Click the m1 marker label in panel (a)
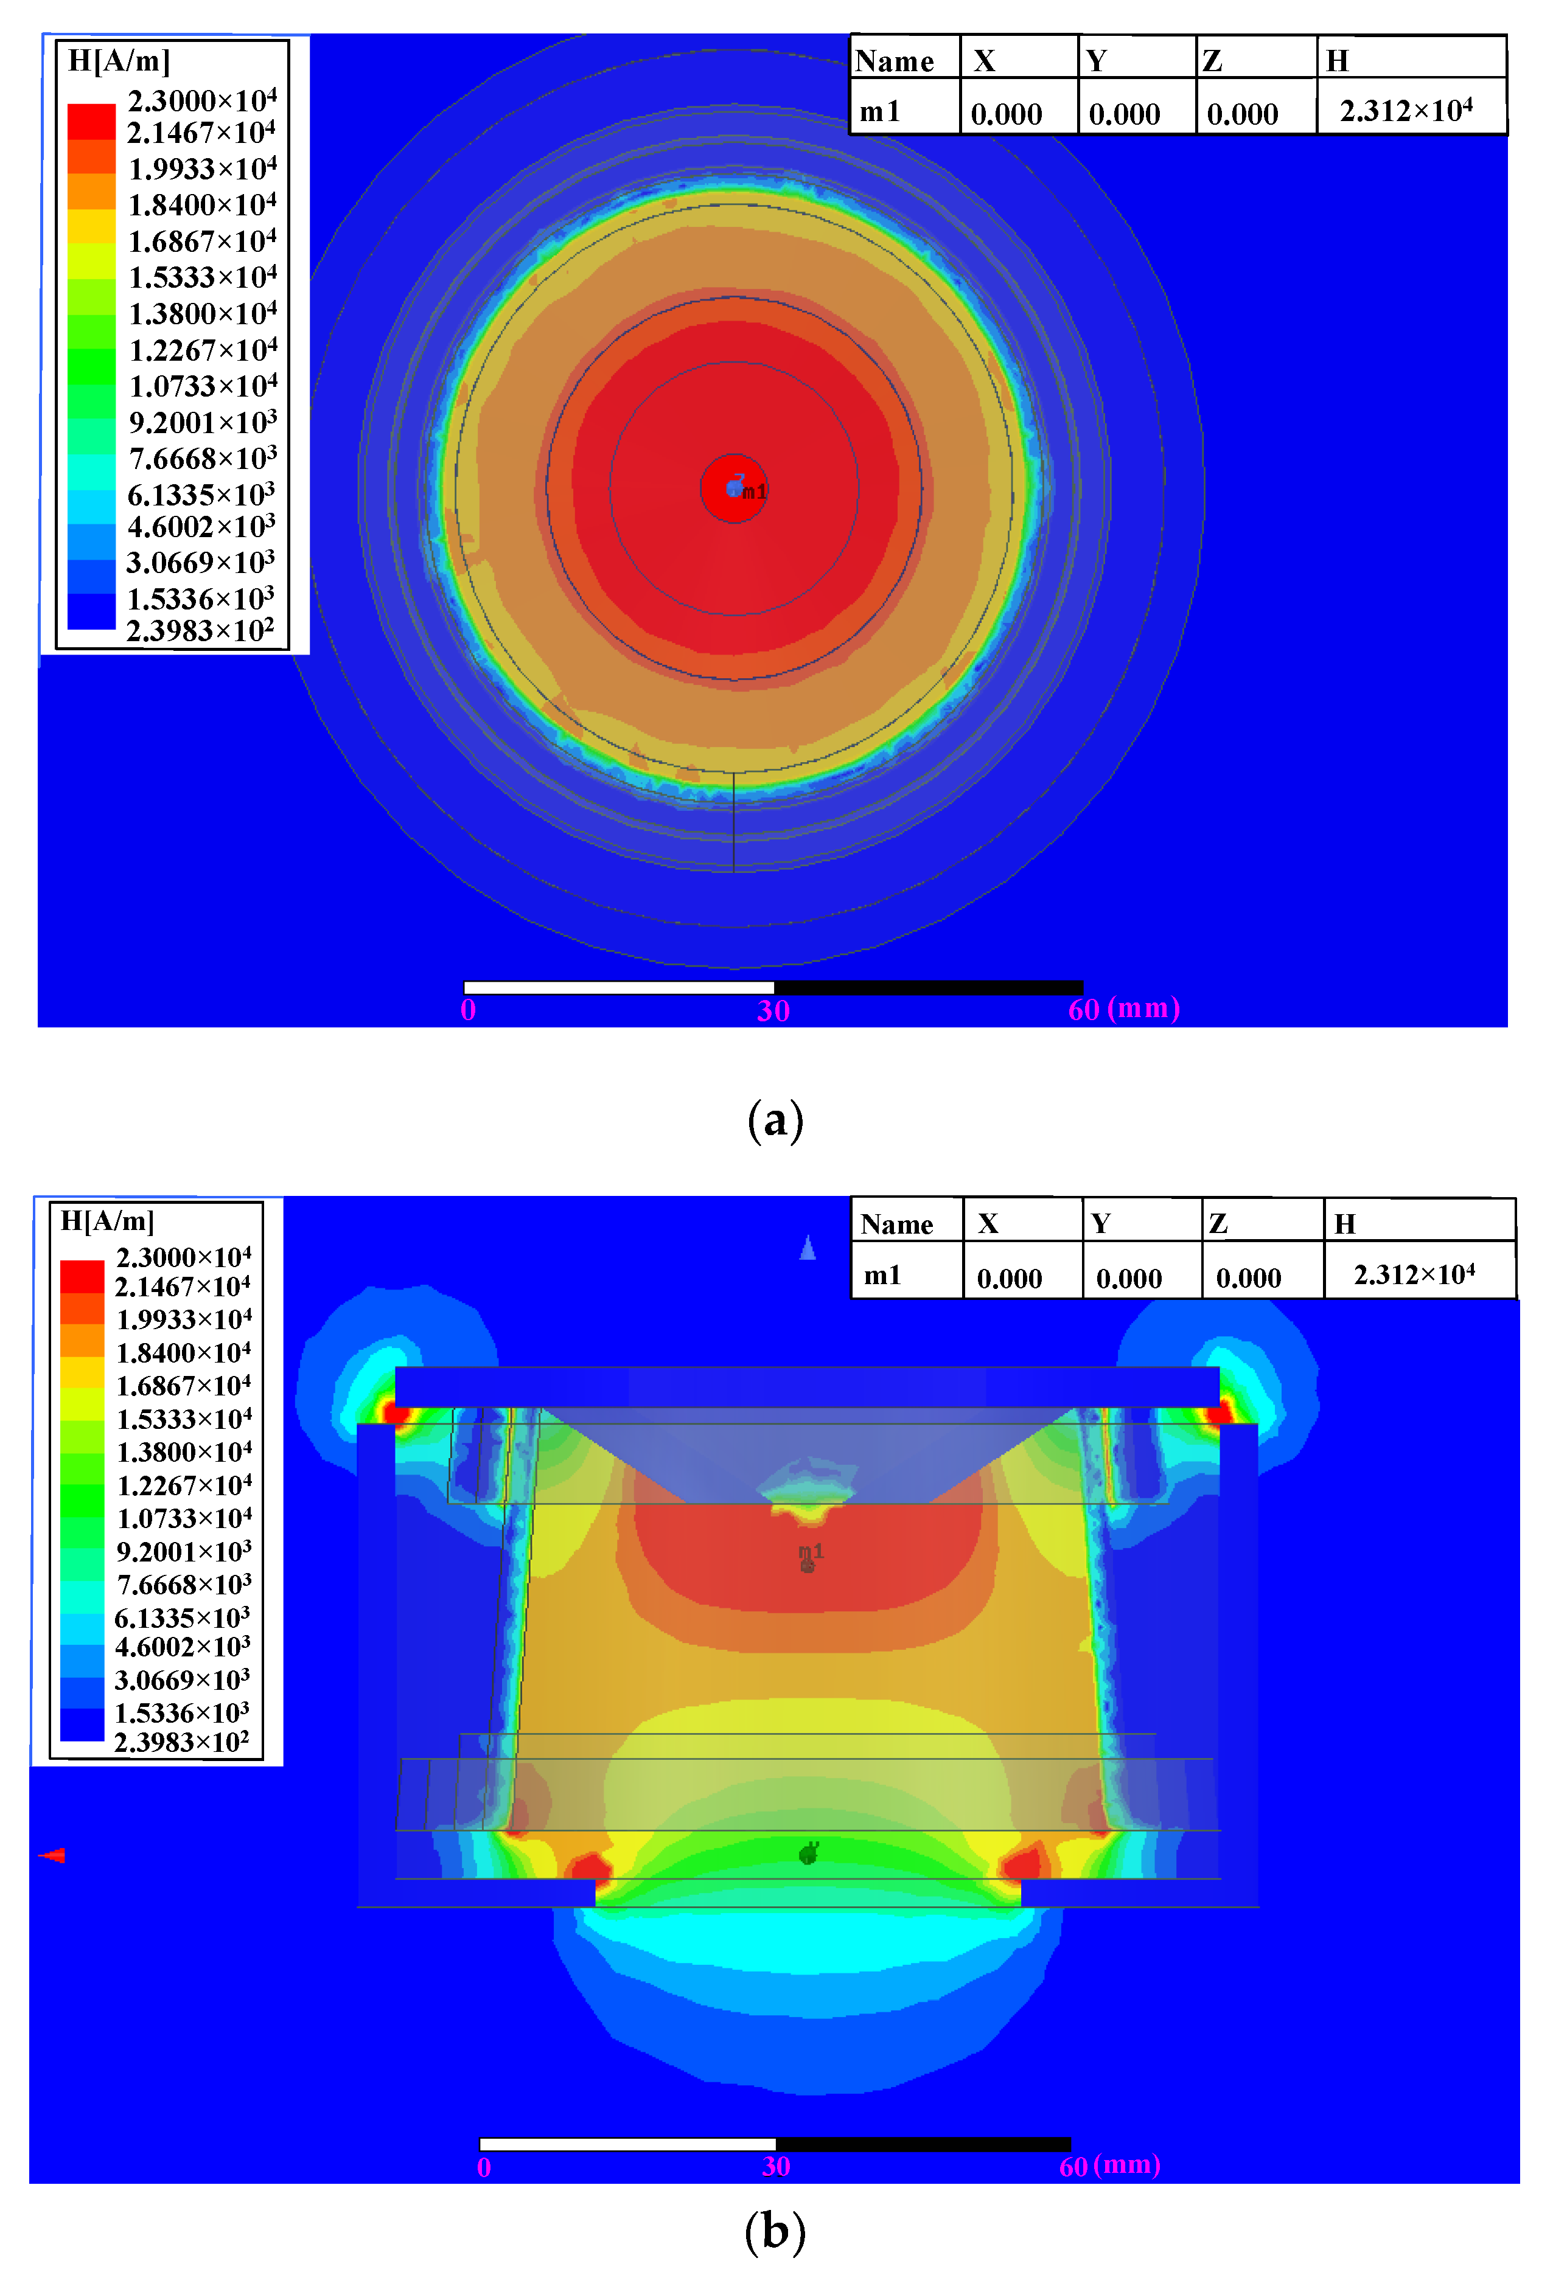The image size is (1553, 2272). point(754,491)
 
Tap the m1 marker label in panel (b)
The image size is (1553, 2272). point(811,1552)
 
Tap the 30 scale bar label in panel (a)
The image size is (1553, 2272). point(773,1010)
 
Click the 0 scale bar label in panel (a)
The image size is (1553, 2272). point(469,1010)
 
